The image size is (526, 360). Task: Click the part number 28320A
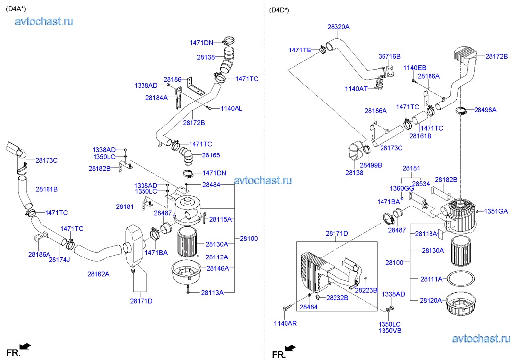pyautogui.click(x=338, y=27)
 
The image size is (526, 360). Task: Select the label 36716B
pyautogui.click(x=389, y=57)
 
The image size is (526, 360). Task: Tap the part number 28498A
pyautogui.click(x=485, y=109)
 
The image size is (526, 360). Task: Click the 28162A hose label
pyautogui.click(x=98, y=273)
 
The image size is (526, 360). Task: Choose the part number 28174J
pyautogui.click(x=59, y=260)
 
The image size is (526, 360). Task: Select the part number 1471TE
pyautogui.click(x=300, y=50)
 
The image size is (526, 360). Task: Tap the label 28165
pyautogui.click(x=211, y=155)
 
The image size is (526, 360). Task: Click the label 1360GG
pyautogui.click(x=402, y=188)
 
